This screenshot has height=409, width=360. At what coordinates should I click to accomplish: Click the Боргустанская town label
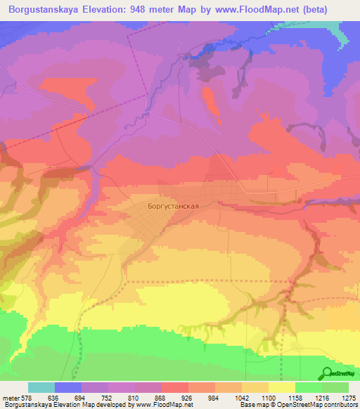click(x=174, y=207)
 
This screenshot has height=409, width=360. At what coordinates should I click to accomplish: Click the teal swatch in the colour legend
click(x=41, y=387)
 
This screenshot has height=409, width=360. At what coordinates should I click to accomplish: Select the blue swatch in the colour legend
click(x=68, y=387)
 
